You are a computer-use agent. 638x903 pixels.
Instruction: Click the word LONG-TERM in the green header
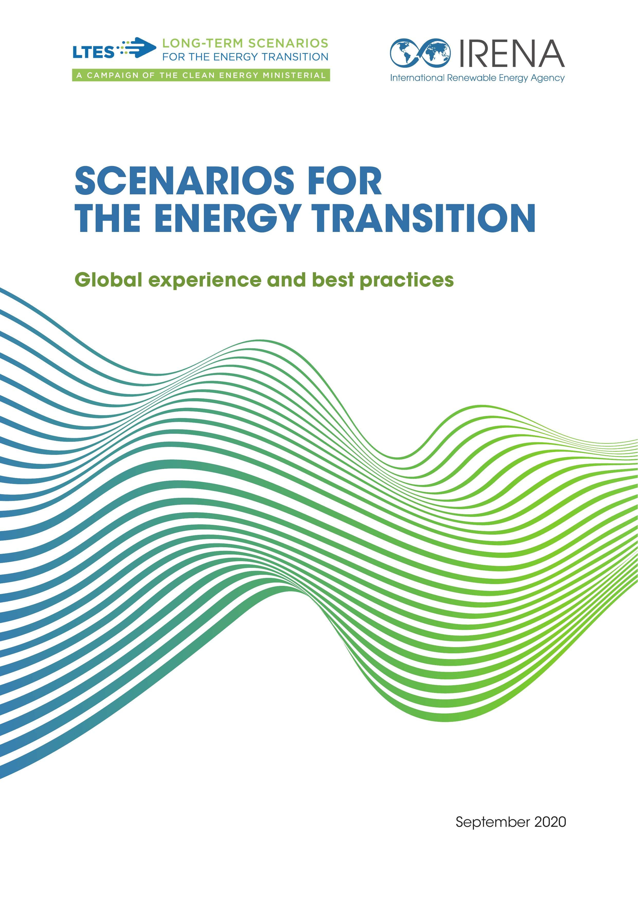202,43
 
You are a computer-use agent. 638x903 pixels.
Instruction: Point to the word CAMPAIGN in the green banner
113,75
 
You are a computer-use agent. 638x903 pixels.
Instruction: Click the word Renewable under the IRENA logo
471,78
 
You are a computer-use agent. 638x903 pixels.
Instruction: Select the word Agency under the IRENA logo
548,78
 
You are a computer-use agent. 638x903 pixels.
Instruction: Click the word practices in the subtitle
407,281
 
